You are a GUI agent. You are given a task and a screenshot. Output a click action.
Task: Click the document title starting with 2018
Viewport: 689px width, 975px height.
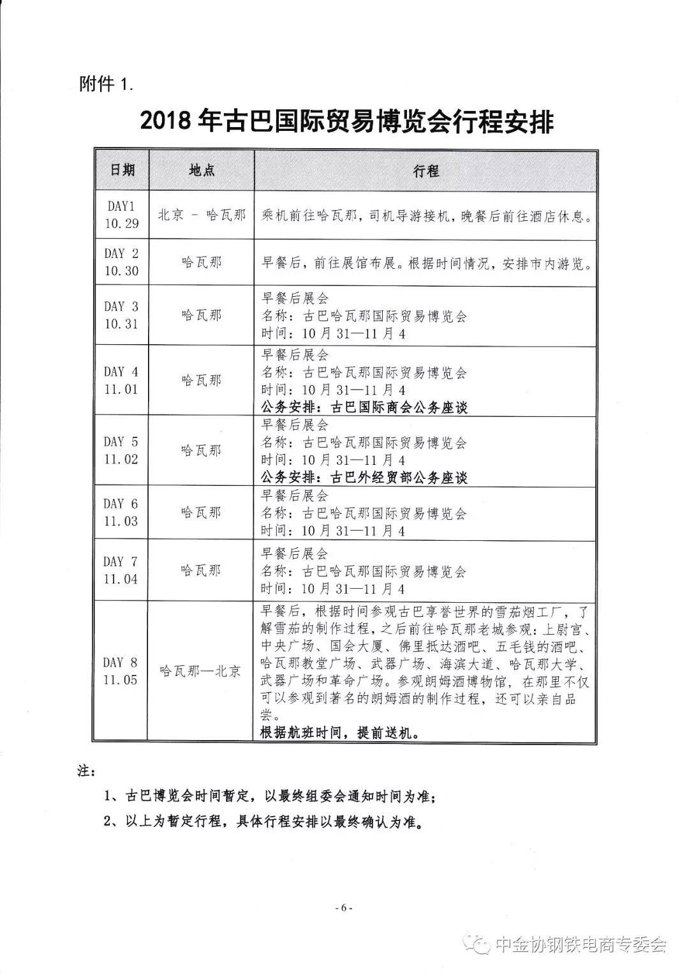click(346, 121)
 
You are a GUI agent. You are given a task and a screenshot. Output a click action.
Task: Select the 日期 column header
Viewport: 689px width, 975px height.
click(122, 170)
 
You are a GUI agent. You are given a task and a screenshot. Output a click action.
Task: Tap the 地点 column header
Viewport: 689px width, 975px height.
click(202, 170)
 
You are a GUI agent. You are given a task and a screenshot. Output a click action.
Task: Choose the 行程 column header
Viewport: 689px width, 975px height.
click(426, 170)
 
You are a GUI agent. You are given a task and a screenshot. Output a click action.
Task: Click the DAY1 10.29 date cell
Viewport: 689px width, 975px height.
click(121, 215)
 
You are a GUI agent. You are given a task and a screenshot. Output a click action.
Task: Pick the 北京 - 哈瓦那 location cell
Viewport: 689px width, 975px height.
click(202, 215)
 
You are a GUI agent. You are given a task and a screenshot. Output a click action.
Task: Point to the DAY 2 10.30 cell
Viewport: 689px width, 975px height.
click(121, 262)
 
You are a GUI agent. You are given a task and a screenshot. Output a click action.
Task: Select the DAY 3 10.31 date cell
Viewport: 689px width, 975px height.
click(121, 315)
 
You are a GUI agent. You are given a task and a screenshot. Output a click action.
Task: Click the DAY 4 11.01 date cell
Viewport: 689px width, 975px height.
click(121, 380)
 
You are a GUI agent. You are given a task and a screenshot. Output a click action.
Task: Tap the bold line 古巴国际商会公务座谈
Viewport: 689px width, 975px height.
click(364, 407)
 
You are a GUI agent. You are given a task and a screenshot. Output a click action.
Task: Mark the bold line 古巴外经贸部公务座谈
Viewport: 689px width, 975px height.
click(364, 477)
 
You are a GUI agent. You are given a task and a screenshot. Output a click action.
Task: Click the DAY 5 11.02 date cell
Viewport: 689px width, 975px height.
click(121, 450)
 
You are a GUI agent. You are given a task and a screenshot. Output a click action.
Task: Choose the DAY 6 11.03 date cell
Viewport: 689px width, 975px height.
click(121, 512)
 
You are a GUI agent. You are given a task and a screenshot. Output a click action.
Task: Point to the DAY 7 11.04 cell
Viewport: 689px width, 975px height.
click(121, 570)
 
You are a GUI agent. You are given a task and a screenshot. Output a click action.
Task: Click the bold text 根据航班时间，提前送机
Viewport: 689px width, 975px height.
click(340, 732)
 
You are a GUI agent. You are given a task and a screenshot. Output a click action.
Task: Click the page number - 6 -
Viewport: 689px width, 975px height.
click(344, 908)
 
